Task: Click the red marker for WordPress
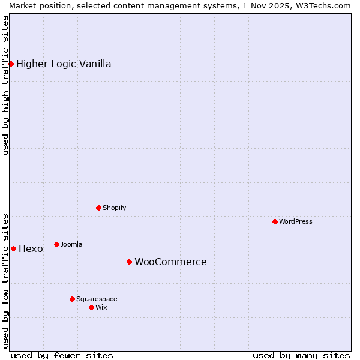[275, 221]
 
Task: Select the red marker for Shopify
[98, 208]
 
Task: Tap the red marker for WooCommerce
[129, 262]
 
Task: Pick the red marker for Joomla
[56, 244]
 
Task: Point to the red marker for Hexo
[13, 248]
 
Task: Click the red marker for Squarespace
[72, 299]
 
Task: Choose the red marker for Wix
[91, 307]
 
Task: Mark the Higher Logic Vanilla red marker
[11, 64]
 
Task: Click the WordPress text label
[296, 221]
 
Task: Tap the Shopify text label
[114, 208]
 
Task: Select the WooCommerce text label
[170, 262]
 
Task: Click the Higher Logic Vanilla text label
[64, 64]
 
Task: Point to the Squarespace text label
[97, 299]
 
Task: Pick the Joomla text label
[71, 244]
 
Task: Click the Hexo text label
[31, 248]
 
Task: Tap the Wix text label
[101, 307]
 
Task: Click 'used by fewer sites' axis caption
[62, 355]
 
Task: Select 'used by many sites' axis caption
[301, 355]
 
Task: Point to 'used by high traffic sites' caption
[5, 85]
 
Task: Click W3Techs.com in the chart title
[325, 5]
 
